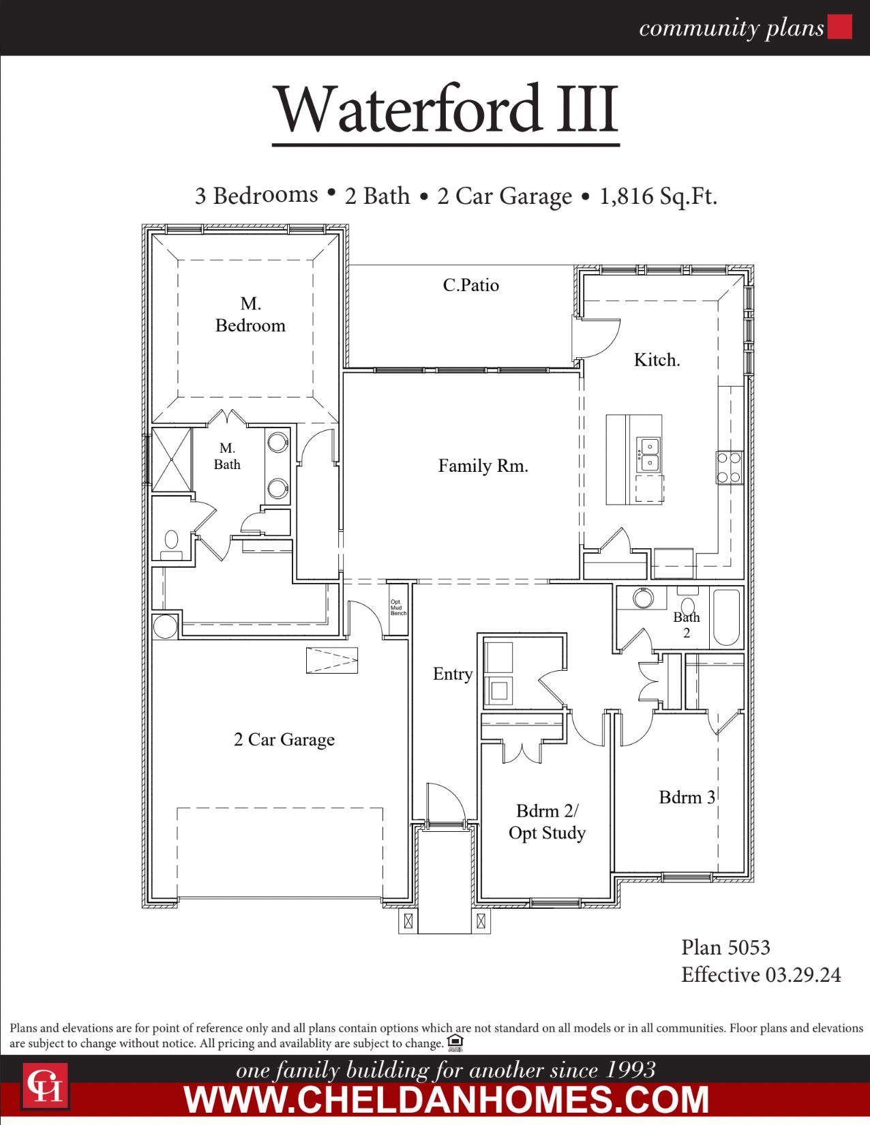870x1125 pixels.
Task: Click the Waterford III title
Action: click(446, 109)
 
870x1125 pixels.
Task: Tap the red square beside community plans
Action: click(839, 27)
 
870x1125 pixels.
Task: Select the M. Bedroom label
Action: click(250, 314)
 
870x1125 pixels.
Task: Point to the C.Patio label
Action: click(470, 285)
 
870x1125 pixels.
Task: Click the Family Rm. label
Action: click(483, 466)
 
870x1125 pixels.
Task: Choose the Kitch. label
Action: click(657, 360)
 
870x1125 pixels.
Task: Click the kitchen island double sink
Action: click(648, 455)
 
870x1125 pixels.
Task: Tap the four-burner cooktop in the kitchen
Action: click(729, 467)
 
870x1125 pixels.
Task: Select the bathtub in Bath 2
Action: click(726, 617)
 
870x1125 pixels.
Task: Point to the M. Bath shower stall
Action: click(171, 460)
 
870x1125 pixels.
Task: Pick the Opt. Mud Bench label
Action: click(397, 607)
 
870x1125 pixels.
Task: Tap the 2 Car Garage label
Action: click(284, 740)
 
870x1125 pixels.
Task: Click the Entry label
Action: click(452, 674)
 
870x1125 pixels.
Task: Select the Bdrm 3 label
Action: click(687, 797)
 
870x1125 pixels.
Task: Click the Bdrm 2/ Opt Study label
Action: click(547, 822)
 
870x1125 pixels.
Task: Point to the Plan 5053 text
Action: click(725, 947)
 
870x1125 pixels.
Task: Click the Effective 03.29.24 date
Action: click(761, 975)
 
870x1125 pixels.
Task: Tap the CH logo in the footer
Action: click(45, 1085)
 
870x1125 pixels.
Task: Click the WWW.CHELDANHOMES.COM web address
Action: click(447, 1099)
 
